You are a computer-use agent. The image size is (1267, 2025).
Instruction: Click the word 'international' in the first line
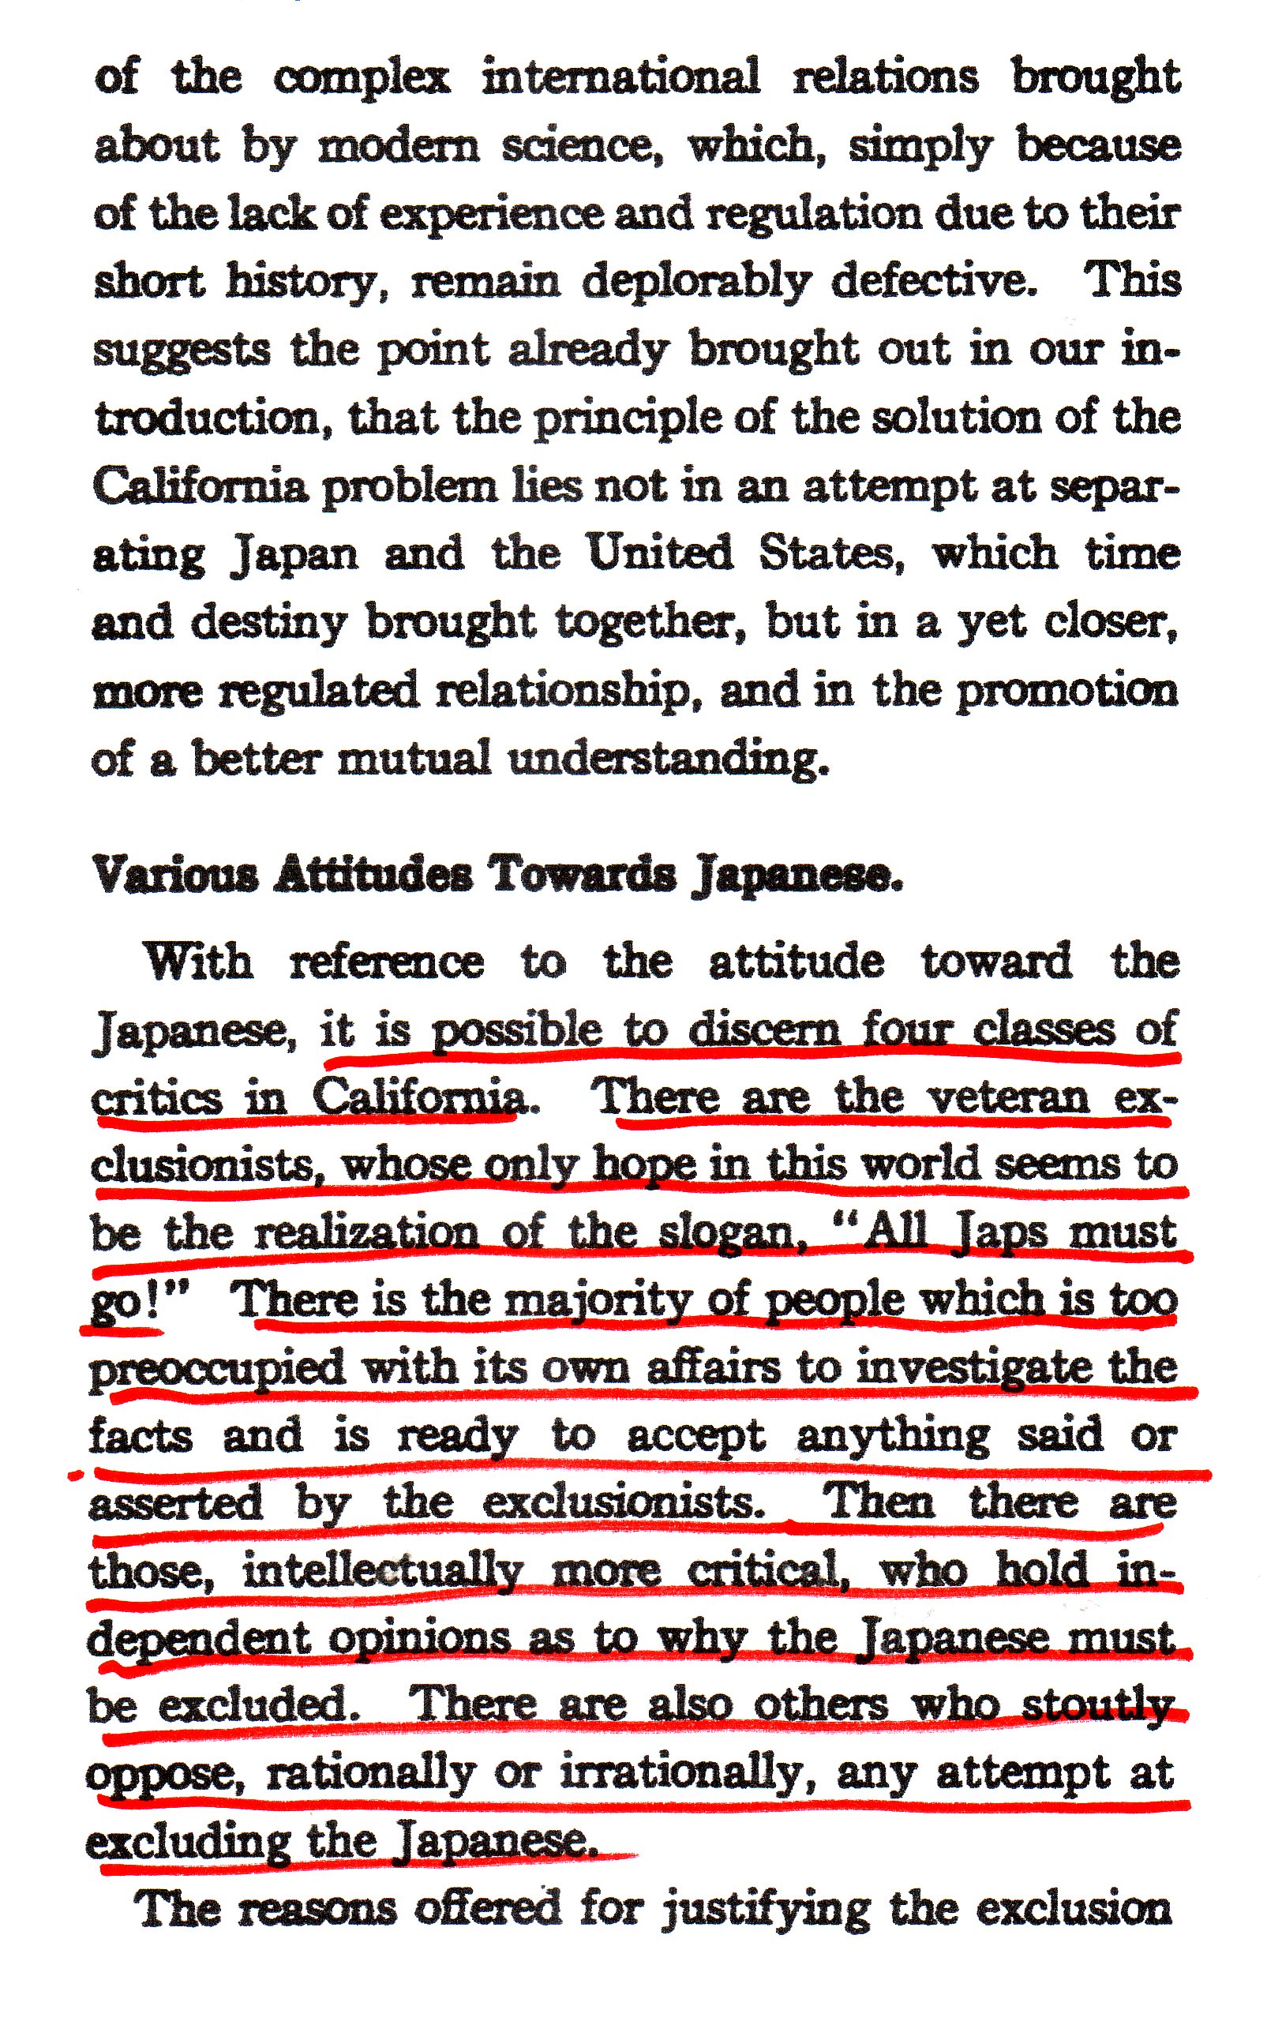(x=620, y=78)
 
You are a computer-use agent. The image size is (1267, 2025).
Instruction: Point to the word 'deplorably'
(x=696, y=281)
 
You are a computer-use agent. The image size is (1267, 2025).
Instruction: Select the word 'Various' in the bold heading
(x=176, y=875)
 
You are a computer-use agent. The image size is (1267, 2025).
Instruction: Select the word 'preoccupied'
(x=218, y=1369)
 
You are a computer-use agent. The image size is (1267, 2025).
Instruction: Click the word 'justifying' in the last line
(x=767, y=1908)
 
